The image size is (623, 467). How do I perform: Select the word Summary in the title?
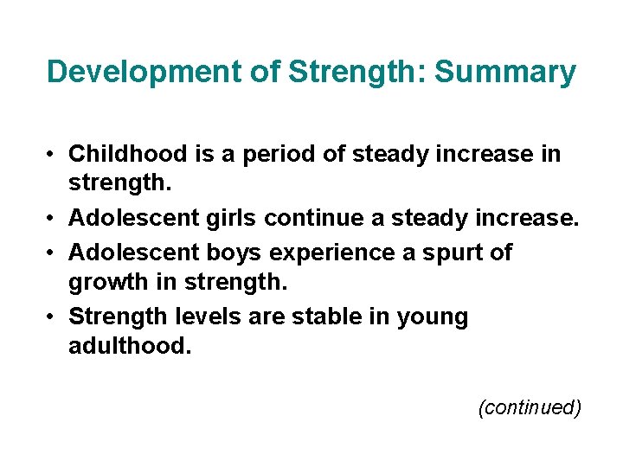coord(504,72)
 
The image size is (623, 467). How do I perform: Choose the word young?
coord(432,317)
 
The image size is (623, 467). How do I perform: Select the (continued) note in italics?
coord(529,407)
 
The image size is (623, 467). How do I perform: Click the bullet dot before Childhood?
coord(53,155)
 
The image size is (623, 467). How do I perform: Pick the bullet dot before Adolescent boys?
coord(53,253)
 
